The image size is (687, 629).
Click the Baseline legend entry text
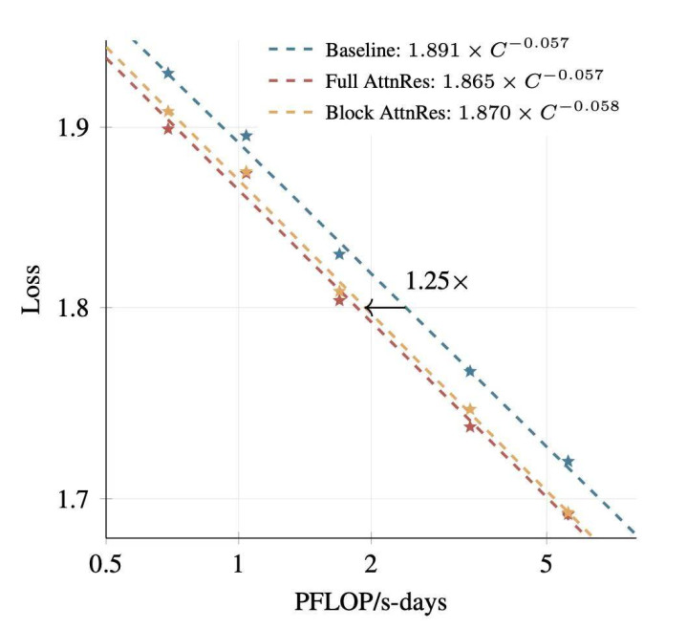[448, 49]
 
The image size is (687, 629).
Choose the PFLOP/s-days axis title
[370, 602]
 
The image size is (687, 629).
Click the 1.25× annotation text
[437, 282]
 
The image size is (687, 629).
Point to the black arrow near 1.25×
[386, 308]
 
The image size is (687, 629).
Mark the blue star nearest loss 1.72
[568, 462]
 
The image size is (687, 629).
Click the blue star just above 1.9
[246, 136]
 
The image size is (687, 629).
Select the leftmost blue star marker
[169, 74]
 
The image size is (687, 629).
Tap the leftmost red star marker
[168, 128]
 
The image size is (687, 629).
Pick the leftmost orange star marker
[169, 112]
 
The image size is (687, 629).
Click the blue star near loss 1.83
[339, 254]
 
